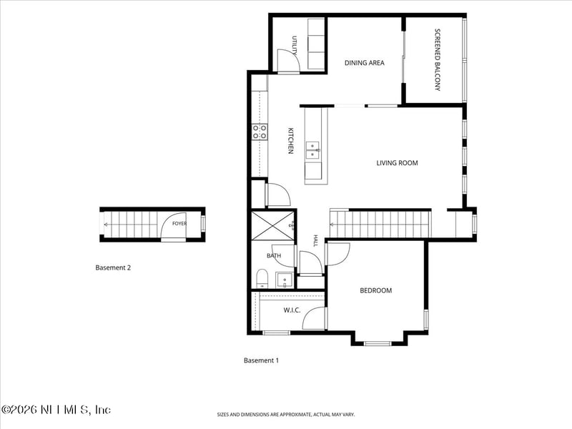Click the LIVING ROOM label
click(x=397, y=163)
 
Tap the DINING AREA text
click(x=365, y=63)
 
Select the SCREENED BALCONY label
click(x=438, y=60)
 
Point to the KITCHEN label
click(x=291, y=140)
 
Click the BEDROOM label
click(x=376, y=290)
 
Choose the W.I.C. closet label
click(x=292, y=310)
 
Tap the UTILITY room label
click(x=295, y=45)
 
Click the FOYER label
click(x=179, y=224)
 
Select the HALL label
click(x=315, y=240)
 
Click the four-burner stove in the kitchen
click(x=260, y=132)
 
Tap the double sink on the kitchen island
click(x=312, y=150)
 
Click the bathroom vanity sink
click(x=285, y=280)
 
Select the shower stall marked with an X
click(x=272, y=225)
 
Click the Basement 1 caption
click(x=261, y=360)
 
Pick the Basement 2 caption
click(x=113, y=267)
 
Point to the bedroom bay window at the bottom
click(x=378, y=343)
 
